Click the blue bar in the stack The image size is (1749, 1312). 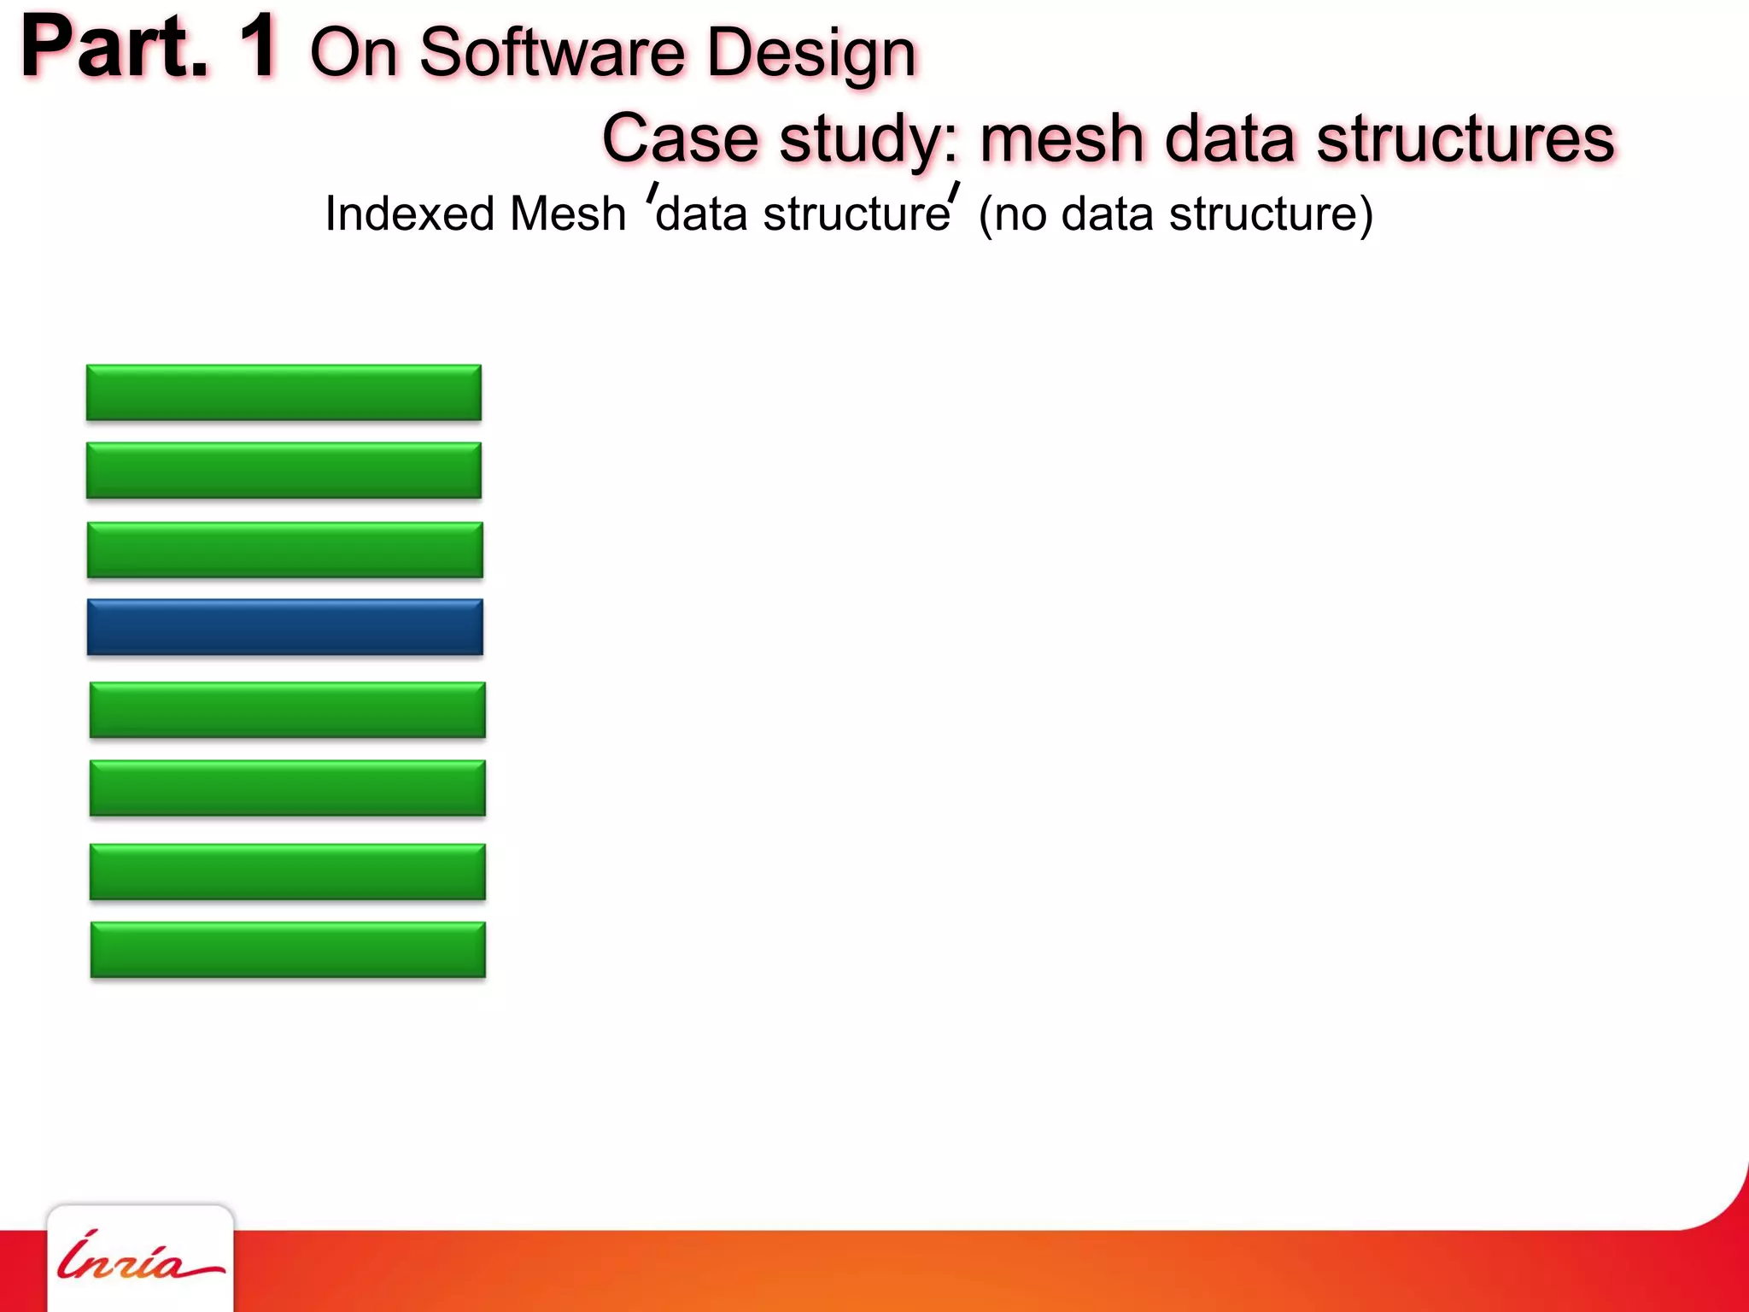[284, 627]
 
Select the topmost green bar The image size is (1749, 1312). [284, 392]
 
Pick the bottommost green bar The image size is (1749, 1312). [288, 949]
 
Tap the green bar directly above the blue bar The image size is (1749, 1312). [284, 549]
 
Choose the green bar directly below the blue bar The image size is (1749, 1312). [287, 709]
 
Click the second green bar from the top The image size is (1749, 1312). [284, 470]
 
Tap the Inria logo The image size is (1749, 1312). [139, 1258]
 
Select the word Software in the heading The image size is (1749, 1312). [553, 53]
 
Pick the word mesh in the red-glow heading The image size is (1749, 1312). [1062, 138]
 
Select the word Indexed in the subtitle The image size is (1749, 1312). [409, 214]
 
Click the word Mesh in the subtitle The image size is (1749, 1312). [568, 214]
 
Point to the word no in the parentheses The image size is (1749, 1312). [1021, 214]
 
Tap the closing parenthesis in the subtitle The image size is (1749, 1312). [1365, 214]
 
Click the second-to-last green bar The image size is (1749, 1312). [287, 871]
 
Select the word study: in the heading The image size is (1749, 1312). [869, 140]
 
